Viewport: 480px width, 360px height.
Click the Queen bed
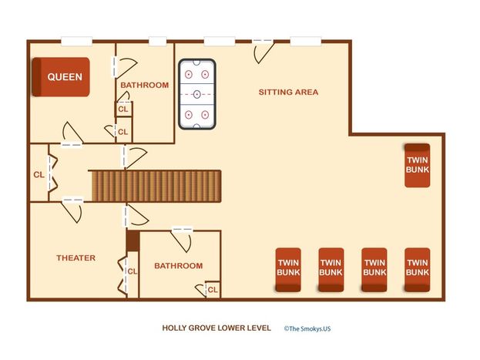point(61,77)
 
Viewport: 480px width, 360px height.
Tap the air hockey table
point(197,94)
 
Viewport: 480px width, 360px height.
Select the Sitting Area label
point(288,92)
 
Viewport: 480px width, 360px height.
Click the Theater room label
point(76,257)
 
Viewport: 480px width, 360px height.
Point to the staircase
point(156,186)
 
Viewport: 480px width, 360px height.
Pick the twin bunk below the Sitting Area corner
point(418,165)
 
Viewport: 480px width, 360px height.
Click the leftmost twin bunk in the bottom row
point(288,270)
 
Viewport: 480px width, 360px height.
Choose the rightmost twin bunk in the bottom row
point(418,270)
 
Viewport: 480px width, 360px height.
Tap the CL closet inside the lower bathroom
point(213,290)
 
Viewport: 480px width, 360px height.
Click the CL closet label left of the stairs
point(39,175)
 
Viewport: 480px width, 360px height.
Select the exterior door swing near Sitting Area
point(263,52)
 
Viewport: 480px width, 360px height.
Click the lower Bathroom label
point(179,266)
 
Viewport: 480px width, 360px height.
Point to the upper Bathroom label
point(145,85)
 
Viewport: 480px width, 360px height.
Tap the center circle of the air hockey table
point(197,94)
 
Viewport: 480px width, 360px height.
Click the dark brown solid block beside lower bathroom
point(133,241)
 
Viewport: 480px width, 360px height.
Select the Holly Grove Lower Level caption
point(217,328)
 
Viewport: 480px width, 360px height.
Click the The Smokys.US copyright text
point(307,328)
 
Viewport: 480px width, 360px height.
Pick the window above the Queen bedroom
point(76,41)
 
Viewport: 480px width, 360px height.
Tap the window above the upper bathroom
point(158,41)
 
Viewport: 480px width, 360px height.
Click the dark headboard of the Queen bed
point(36,77)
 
